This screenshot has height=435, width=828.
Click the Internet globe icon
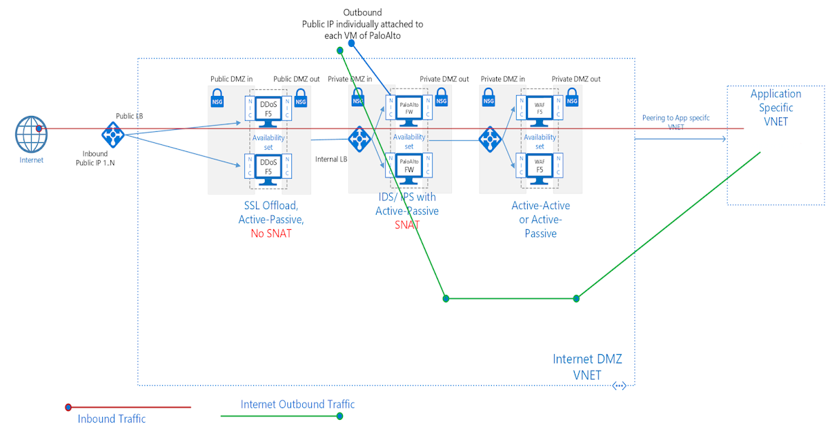coord(32,134)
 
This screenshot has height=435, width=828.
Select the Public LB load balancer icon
coord(112,134)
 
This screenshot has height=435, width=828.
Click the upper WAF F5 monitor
coord(540,109)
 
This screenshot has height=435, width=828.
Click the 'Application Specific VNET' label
coord(776,107)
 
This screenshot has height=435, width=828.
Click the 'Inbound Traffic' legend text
coord(111,418)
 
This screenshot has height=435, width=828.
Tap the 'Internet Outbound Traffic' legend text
coord(297,404)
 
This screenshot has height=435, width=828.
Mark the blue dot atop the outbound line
coord(351,43)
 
